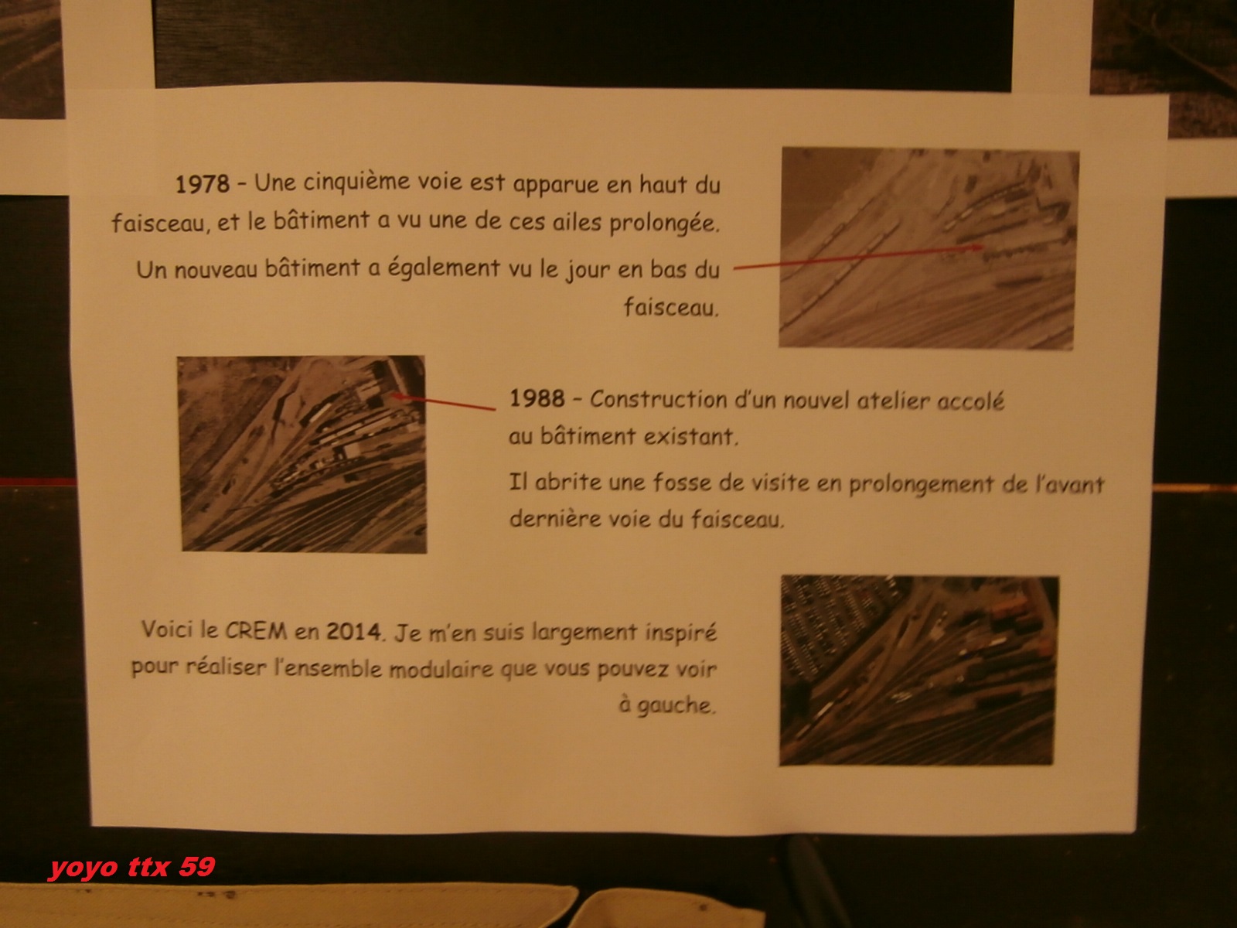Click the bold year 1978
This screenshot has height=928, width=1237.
pos(203,184)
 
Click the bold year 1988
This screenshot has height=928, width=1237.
pos(537,398)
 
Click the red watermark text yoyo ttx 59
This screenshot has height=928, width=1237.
pos(132,868)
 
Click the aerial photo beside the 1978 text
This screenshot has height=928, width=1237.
pos(929,248)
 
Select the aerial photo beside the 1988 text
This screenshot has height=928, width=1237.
pos(302,454)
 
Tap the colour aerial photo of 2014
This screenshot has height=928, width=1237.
pos(918,670)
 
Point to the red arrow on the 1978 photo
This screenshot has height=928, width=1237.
pos(859,257)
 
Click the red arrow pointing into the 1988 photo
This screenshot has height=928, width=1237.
pos(443,401)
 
